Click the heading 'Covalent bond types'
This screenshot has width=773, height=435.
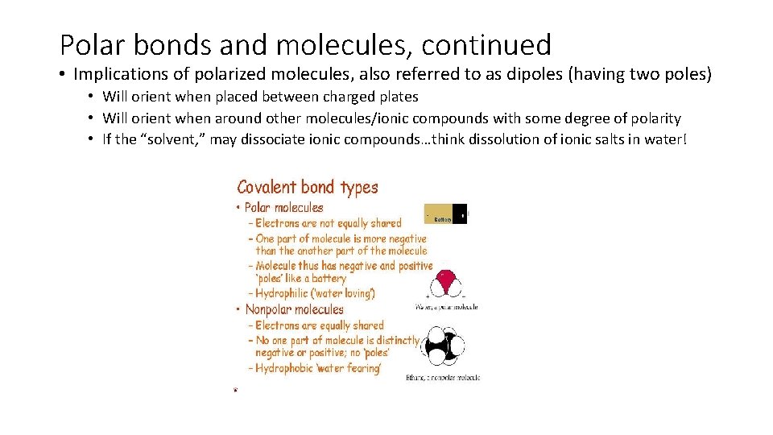tap(308, 188)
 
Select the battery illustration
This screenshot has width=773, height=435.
tap(445, 214)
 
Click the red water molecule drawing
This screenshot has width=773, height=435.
tap(444, 284)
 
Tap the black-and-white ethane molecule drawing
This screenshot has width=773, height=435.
tap(443, 346)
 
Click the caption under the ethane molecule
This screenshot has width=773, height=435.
tap(443, 377)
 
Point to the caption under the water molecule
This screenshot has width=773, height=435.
tap(446, 307)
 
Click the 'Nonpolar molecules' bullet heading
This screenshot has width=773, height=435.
tap(294, 309)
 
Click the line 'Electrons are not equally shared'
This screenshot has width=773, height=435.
tap(329, 223)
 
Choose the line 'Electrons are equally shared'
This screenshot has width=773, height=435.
tap(320, 325)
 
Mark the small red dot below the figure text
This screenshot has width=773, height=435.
tap(235, 390)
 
